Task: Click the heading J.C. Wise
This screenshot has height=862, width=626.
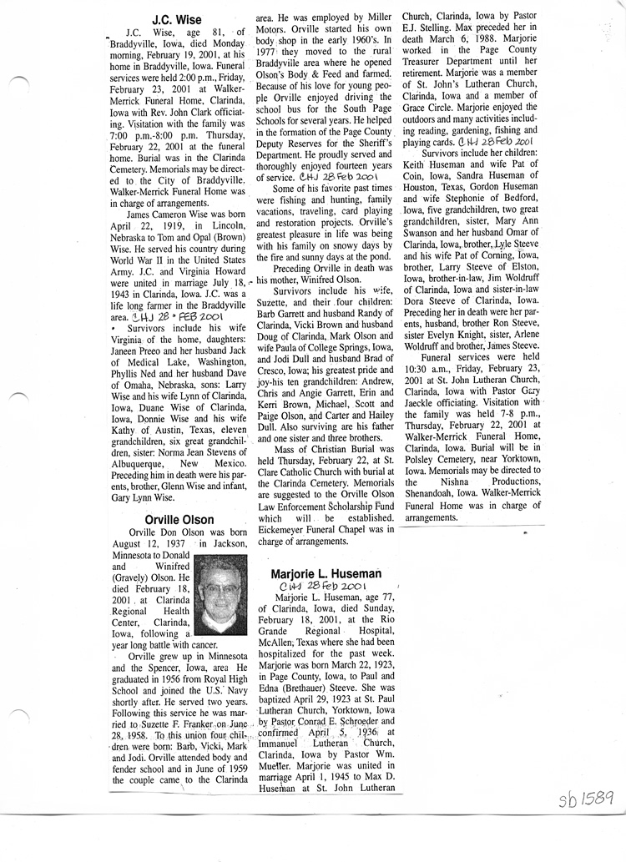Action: click(177, 18)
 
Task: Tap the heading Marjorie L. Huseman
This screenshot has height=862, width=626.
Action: click(326, 573)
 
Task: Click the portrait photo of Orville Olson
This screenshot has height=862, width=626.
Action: click(220, 595)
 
